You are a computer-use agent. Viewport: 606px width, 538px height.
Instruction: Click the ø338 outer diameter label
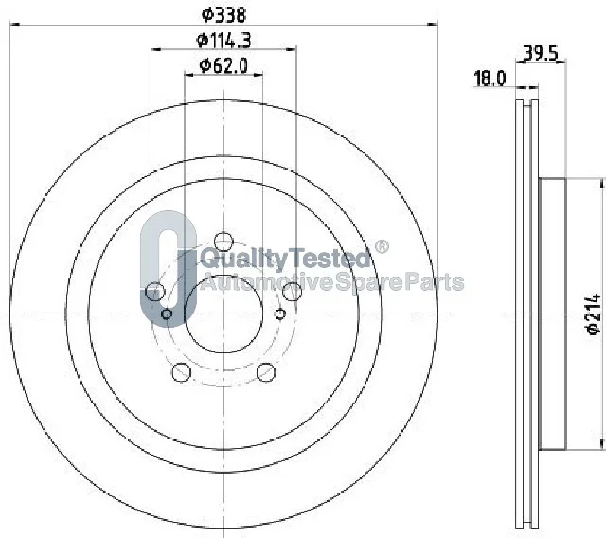[223, 15]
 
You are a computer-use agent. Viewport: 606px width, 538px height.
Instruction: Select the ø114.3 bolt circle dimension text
[223, 40]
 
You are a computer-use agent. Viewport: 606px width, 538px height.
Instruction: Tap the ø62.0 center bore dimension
[223, 65]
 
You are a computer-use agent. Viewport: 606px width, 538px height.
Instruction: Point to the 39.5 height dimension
[541, 53]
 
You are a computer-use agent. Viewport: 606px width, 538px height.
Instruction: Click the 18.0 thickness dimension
[490, 79]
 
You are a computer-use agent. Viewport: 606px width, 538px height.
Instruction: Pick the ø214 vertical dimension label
[594, 314]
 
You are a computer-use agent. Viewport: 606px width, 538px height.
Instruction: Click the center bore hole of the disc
[223, 314]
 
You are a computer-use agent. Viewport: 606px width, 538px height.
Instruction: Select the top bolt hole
[223, 242]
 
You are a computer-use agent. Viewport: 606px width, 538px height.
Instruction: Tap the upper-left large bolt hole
[154, 292]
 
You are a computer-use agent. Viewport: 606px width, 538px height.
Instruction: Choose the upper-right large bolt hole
[293, 292]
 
